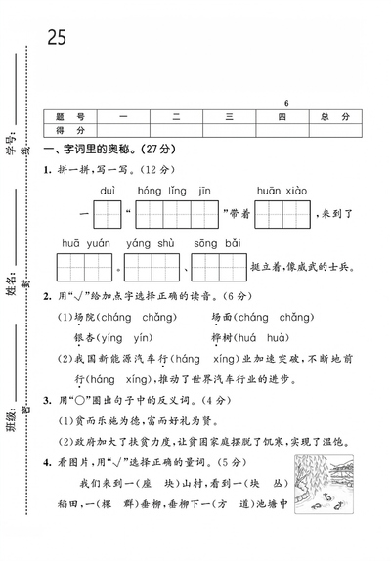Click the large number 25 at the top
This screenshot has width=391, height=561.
pyautogui.click(x=56, y=36)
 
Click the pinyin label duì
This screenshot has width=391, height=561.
pyautogui.click(x=109, y=190)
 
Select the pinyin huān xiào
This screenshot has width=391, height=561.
pyautogui.click(x=282, y=190)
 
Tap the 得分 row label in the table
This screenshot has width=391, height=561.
pyautogui.click(x=71, y=130)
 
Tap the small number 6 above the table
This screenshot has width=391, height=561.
pyautogui.click(x=286, y=102)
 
